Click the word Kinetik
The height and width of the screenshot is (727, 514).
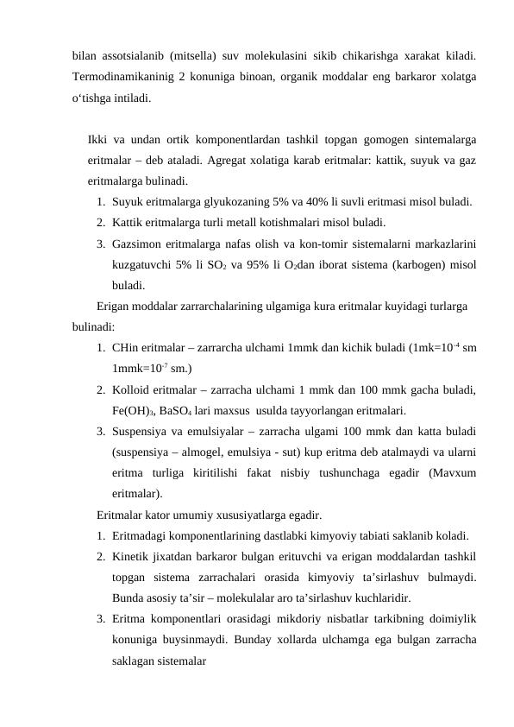coord(131,556)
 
